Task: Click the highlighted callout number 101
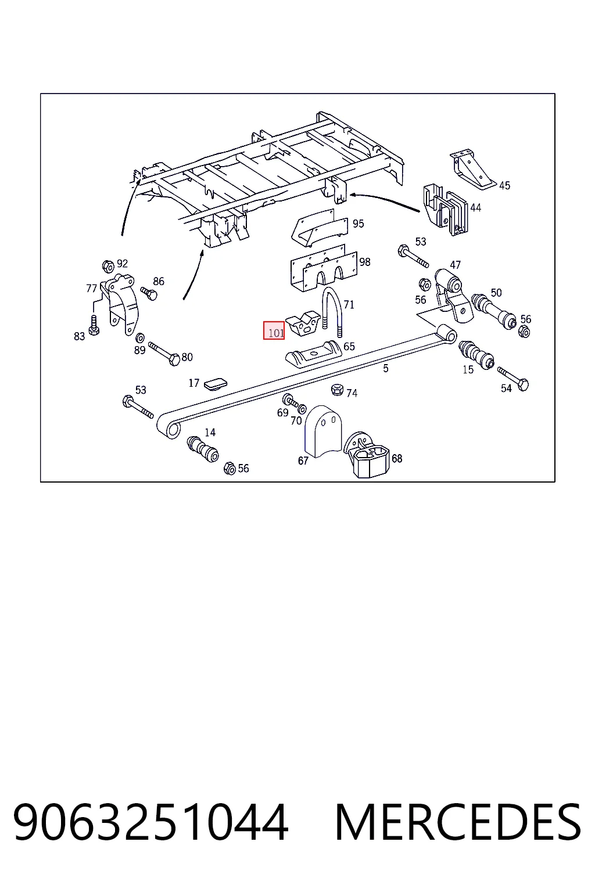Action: coord(276,333)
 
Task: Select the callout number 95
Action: coord(358,224)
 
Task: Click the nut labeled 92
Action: coord(107,266)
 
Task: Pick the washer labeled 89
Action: coord(140,338)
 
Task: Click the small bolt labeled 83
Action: coord(94,325)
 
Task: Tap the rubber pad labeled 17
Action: coord(216,384)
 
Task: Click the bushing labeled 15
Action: coord(476,355)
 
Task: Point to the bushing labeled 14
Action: coord(203,449)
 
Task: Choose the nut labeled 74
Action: coord(337,389)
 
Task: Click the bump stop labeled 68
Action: coord(367,455)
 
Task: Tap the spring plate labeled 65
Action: coord(313,355)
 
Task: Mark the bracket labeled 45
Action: coord(472,170)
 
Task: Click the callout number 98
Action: coord(365,262)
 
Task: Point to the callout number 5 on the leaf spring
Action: coord(385,369)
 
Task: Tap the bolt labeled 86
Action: coord(149,294)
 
